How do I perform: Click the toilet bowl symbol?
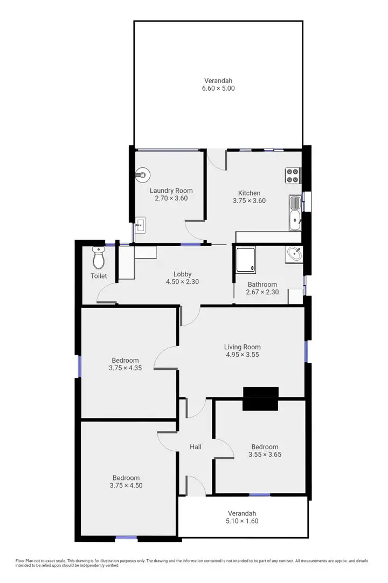tap(98, 259)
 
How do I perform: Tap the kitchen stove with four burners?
tap(293, 175)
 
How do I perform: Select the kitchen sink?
tap(295, 213)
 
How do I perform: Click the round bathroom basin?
tap(294, 254)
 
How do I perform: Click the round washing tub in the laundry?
tap(142, 174)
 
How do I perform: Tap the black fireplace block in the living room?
tap(261, 399)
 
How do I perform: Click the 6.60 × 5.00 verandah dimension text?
tap(219, 88)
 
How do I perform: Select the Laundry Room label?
tap(171, 191)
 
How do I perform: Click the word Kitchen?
tap(249, 193)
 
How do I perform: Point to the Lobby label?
tap(182, 274)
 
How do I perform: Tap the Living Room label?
tap(242, 347)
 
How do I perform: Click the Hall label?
tap(196, 447)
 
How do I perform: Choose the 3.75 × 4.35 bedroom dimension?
tap(125, 368)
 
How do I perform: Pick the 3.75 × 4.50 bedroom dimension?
tap(126, 485)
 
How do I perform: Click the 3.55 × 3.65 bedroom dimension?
tap(265, 455)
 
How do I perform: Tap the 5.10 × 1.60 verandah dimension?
tap(241, 521)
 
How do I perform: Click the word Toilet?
tap(99, 276)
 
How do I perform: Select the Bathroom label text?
tap(262, 284)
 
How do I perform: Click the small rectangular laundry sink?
tap(140, 225)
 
